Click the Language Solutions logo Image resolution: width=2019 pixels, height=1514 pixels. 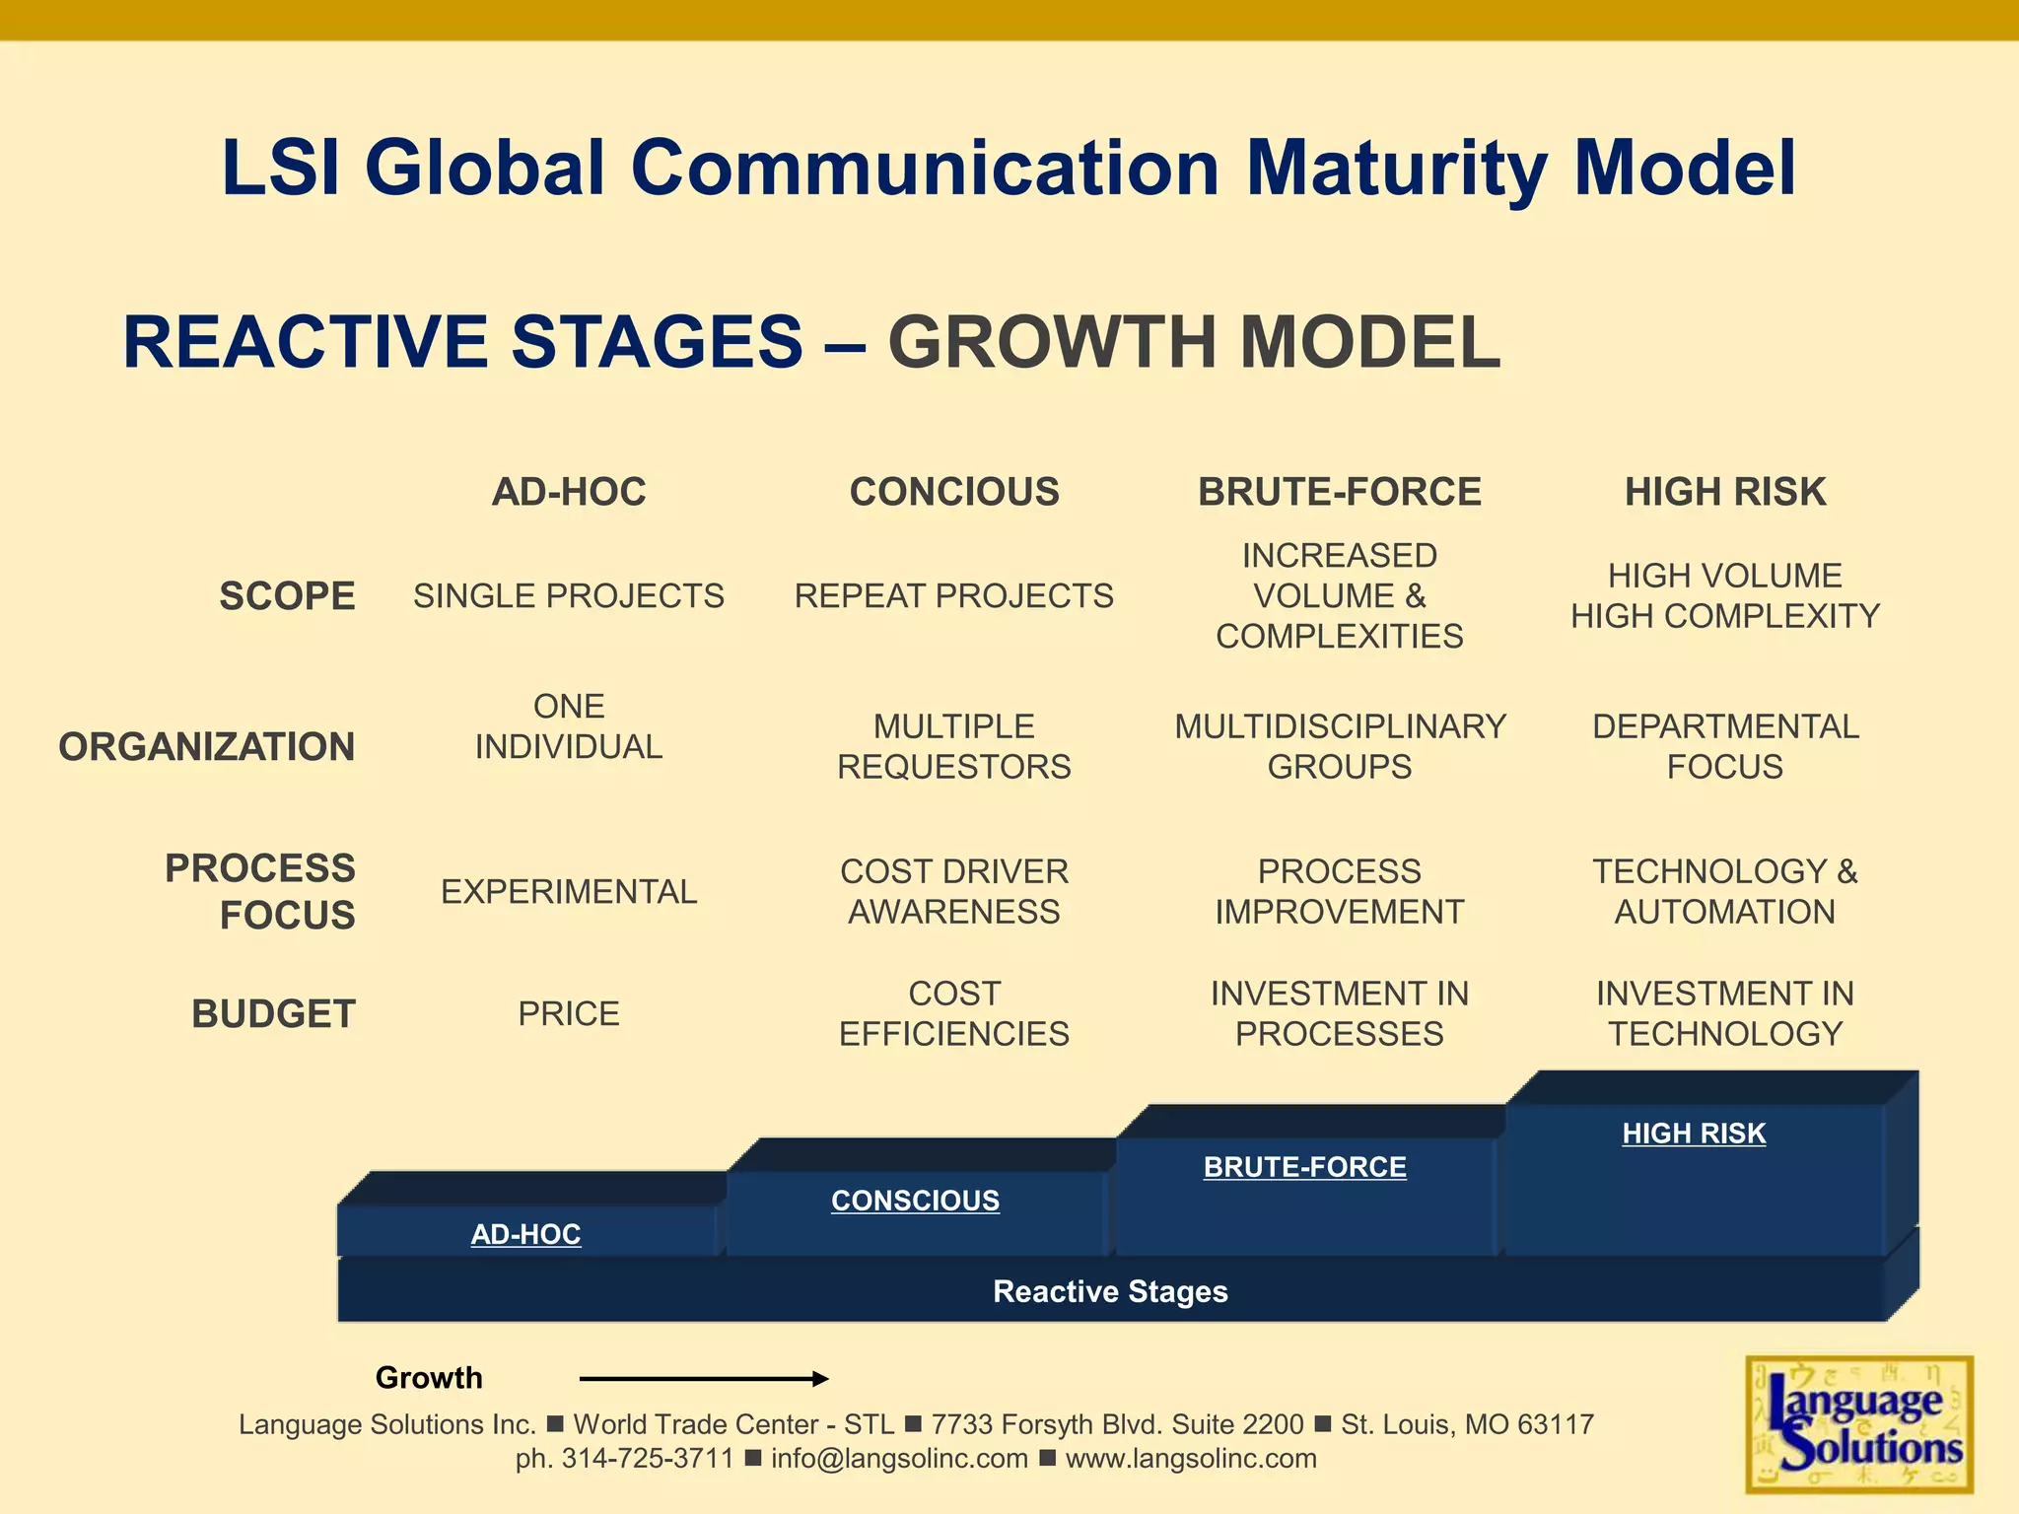click(1859, 1424)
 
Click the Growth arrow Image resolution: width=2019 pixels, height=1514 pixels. click(703, 1378)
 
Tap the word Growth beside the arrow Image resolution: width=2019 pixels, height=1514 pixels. click(429, 1377)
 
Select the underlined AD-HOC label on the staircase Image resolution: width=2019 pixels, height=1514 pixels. click(525, 1233)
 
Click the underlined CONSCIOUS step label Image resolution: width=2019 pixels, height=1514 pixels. click(915, 1200)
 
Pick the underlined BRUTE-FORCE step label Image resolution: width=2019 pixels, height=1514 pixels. click(1304, 1166)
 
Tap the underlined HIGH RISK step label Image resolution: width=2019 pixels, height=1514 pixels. click(1694, 1133)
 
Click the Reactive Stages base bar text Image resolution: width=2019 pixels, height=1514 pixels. click(1110, 1291)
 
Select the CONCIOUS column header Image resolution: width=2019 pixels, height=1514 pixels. click(954, 491)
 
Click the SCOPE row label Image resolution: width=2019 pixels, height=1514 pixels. click(287, 596)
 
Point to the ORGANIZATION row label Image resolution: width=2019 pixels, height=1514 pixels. click(207, 746)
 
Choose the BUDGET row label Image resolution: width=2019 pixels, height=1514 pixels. click(273, 1013)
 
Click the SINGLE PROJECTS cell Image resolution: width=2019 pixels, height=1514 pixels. click(568, 596)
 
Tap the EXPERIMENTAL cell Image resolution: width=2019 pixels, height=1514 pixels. click(568, 891)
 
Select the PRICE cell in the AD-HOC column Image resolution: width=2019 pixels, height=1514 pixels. click(568, 1013)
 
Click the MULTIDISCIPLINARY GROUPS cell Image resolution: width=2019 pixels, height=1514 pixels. click(1340, 746)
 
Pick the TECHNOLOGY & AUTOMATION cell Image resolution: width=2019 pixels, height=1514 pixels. click(1724, 891)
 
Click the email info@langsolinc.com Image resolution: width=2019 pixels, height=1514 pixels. click(899, 1458)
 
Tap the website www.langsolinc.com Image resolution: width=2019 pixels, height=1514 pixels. click(1190, 1458)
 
